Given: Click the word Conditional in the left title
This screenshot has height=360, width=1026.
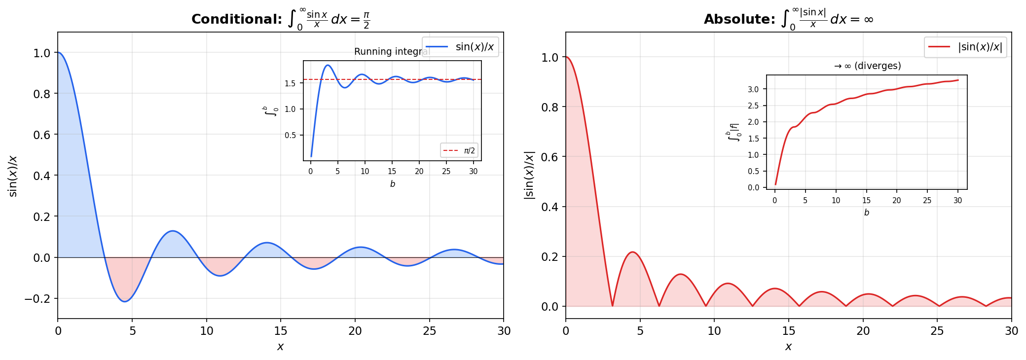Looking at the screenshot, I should pyautogui.click(x=236, y=20).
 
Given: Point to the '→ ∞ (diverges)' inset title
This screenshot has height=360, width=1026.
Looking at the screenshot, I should pyautogui.click(x=867, y=66).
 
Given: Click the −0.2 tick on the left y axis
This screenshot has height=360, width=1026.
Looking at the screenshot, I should pyautogui.click(x=37, y=299).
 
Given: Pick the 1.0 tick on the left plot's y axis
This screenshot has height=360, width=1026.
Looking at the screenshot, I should pyautogui.click(x=41, y=53).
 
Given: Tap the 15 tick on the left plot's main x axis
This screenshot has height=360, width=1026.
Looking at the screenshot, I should pyautogui.click(x=281, y=331).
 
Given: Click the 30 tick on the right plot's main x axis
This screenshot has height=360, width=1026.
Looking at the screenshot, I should pyautogui.click(x=1011, y=331).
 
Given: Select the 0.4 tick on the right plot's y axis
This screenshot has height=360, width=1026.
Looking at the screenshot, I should pyautogui.click(x=550, y=207).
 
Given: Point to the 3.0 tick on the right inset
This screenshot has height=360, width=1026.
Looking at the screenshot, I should pyautogui.click(x=753, y=89).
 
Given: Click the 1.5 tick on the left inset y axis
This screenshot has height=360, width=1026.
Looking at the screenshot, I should pyautogui.click(x=290, y=83).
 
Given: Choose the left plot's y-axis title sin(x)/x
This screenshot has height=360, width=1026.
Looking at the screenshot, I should pyautogui.click(x=13, y=176).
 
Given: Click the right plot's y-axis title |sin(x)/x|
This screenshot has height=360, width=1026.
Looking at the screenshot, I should pyautogui.click(x=529, y=175).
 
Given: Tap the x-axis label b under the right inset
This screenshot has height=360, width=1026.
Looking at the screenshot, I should pyautogui.click(x=866, y=213).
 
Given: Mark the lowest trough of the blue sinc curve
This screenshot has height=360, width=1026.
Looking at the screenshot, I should pyautogui.click(x=124, y=301).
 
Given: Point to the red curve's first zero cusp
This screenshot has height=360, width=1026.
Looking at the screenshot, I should pyautogui.click(x=612, y=306).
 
